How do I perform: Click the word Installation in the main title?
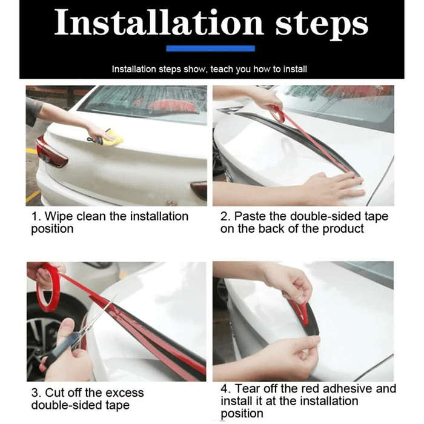pyautogui.click(x=159, y=22)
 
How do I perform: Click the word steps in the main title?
pyautogui.click(x=322, y=25)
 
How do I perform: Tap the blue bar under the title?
pyautogui.click(x=210, y=48)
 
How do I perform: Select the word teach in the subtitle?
pyautogui.click(x=222, y=69)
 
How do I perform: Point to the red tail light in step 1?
pyautogui.click(x=50, y=152)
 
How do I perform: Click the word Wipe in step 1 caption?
pyautogui.click(x=59, y=216)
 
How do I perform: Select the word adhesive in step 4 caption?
pyautogui.click(x=347, y=389)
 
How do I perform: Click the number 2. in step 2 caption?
pyautogui.click(x=225, y=216)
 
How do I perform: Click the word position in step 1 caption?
pyautogui.click(x=52, y=229)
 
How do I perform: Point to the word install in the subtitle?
pyautogui.click(x=295, y=69)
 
